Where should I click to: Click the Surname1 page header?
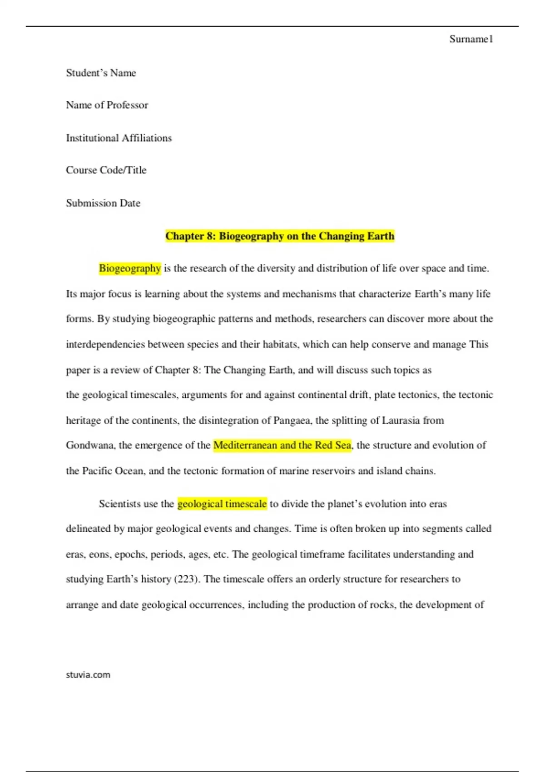[x=471, y=39]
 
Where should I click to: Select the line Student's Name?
[x=101, y=73]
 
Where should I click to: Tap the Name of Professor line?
[x=107, y=105]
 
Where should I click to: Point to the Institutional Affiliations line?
[x=119, y=138]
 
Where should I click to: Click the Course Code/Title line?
[x=106, y=170]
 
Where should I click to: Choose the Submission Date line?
[x=103, y=203]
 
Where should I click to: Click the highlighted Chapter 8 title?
[x=280, y=236]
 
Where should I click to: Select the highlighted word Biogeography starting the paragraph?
[x=130, y=268]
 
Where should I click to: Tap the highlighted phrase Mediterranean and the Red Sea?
[x=282, y=445]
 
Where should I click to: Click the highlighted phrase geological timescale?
[x=222, y=504]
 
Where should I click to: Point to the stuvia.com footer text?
[x=88, y=675]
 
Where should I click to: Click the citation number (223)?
[x=186, y=579]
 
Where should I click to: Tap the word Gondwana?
[x=90, y=445]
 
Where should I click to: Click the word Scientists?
[x=119, y=504]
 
